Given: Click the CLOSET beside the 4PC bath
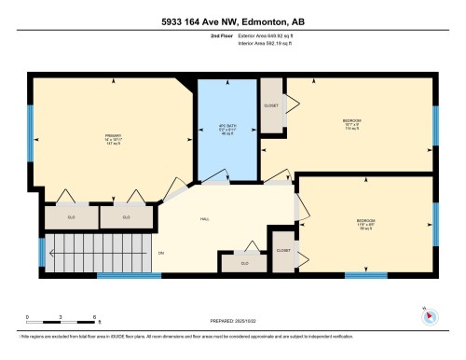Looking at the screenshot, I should pyautogui.click(x=271, y=106).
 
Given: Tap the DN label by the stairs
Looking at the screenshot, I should pyautogui.click(x=160, y=253).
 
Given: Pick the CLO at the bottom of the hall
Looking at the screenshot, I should pyautogui.click(x=244, y=264).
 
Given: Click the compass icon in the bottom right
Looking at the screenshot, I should pyautogui.click(x=430, y=316).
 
